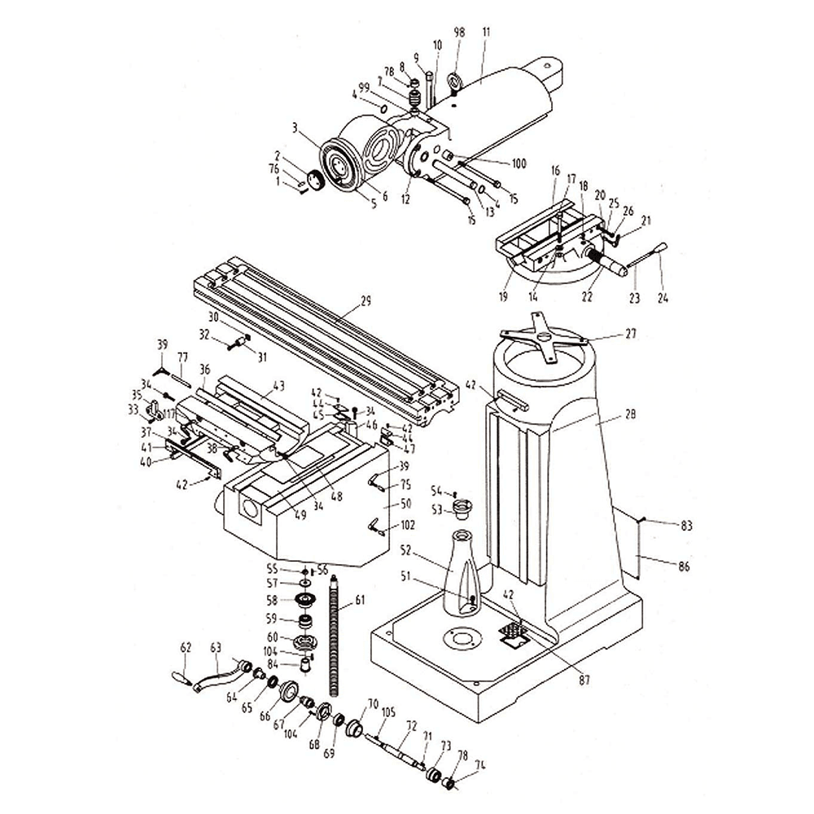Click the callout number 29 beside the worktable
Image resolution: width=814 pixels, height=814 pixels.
coord(365,301)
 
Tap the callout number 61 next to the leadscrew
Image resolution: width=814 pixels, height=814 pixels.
coord(360,602)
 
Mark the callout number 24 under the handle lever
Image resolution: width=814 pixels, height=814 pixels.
coord(663,299)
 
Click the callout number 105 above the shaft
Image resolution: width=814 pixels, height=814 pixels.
coord(388,712)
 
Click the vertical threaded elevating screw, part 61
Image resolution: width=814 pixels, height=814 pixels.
coord(333,635)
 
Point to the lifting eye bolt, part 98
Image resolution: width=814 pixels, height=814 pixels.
coord(454,84)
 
